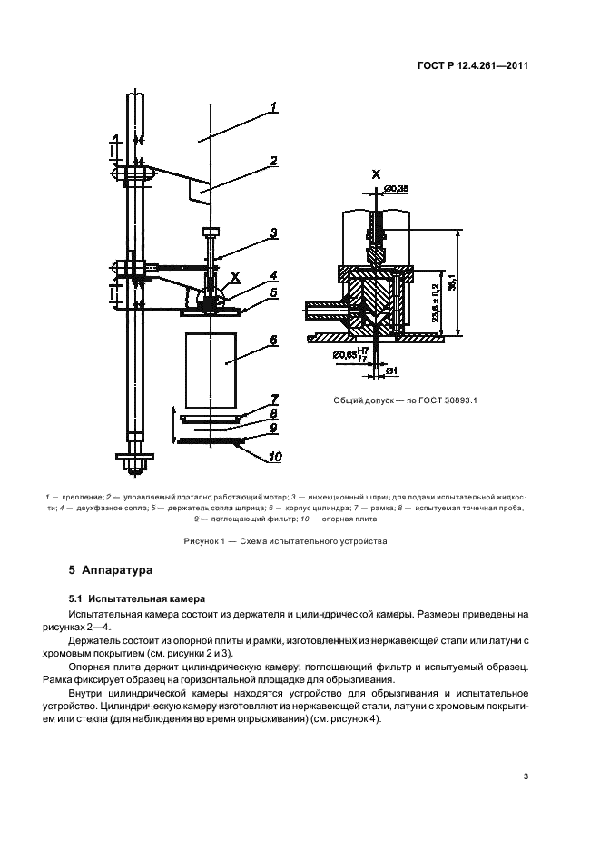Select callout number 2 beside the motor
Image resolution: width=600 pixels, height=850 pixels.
click(272, 163)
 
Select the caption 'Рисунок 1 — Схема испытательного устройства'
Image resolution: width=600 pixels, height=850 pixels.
click(300, 542)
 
